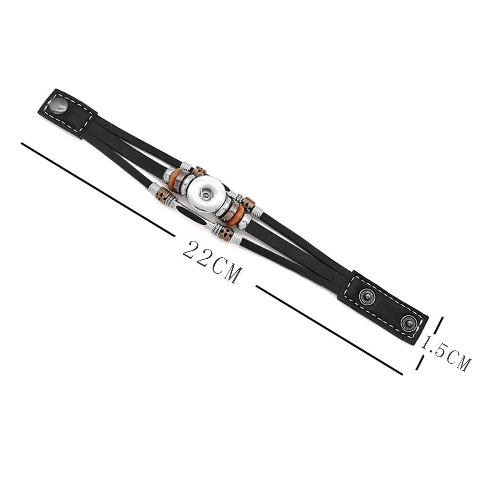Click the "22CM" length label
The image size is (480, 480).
tap(212, 262)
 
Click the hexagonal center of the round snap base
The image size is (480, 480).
tap(204, 193)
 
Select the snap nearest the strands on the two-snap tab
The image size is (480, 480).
tap(366, 296)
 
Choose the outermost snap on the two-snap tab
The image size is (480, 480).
tap(409, 323)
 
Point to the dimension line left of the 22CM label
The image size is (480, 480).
tap(97, 189)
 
